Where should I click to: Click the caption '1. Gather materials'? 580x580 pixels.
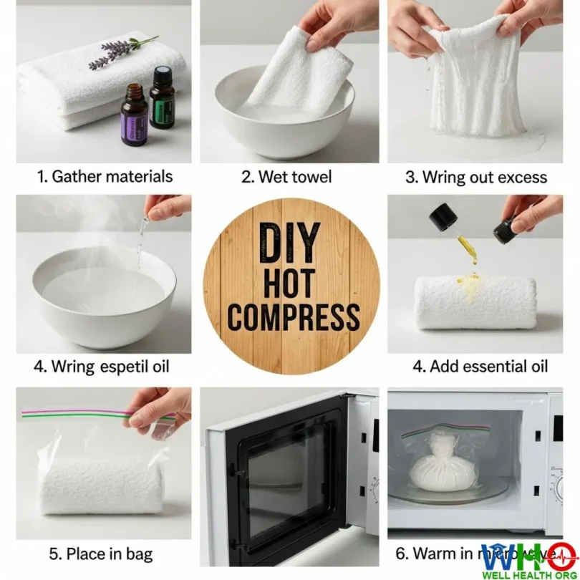point(105,176)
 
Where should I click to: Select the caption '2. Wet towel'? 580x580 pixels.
point(286,176)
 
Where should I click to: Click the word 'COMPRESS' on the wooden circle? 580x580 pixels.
point(293,317)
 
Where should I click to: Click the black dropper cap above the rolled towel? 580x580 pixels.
point(444,214)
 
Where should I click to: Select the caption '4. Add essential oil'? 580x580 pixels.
point(480,367)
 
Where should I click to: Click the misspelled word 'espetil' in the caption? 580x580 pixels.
point(132,367)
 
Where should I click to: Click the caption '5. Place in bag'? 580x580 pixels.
point(101,554)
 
